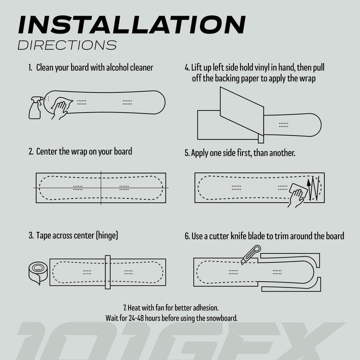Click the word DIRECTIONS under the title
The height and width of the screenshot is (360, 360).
67,45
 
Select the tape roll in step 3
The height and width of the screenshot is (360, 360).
37,272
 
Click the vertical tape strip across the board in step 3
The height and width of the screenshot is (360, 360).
107,272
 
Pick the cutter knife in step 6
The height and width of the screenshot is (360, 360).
250,254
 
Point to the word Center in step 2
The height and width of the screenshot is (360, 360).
47,151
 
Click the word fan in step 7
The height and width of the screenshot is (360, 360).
163,307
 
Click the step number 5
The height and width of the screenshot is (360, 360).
187,153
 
